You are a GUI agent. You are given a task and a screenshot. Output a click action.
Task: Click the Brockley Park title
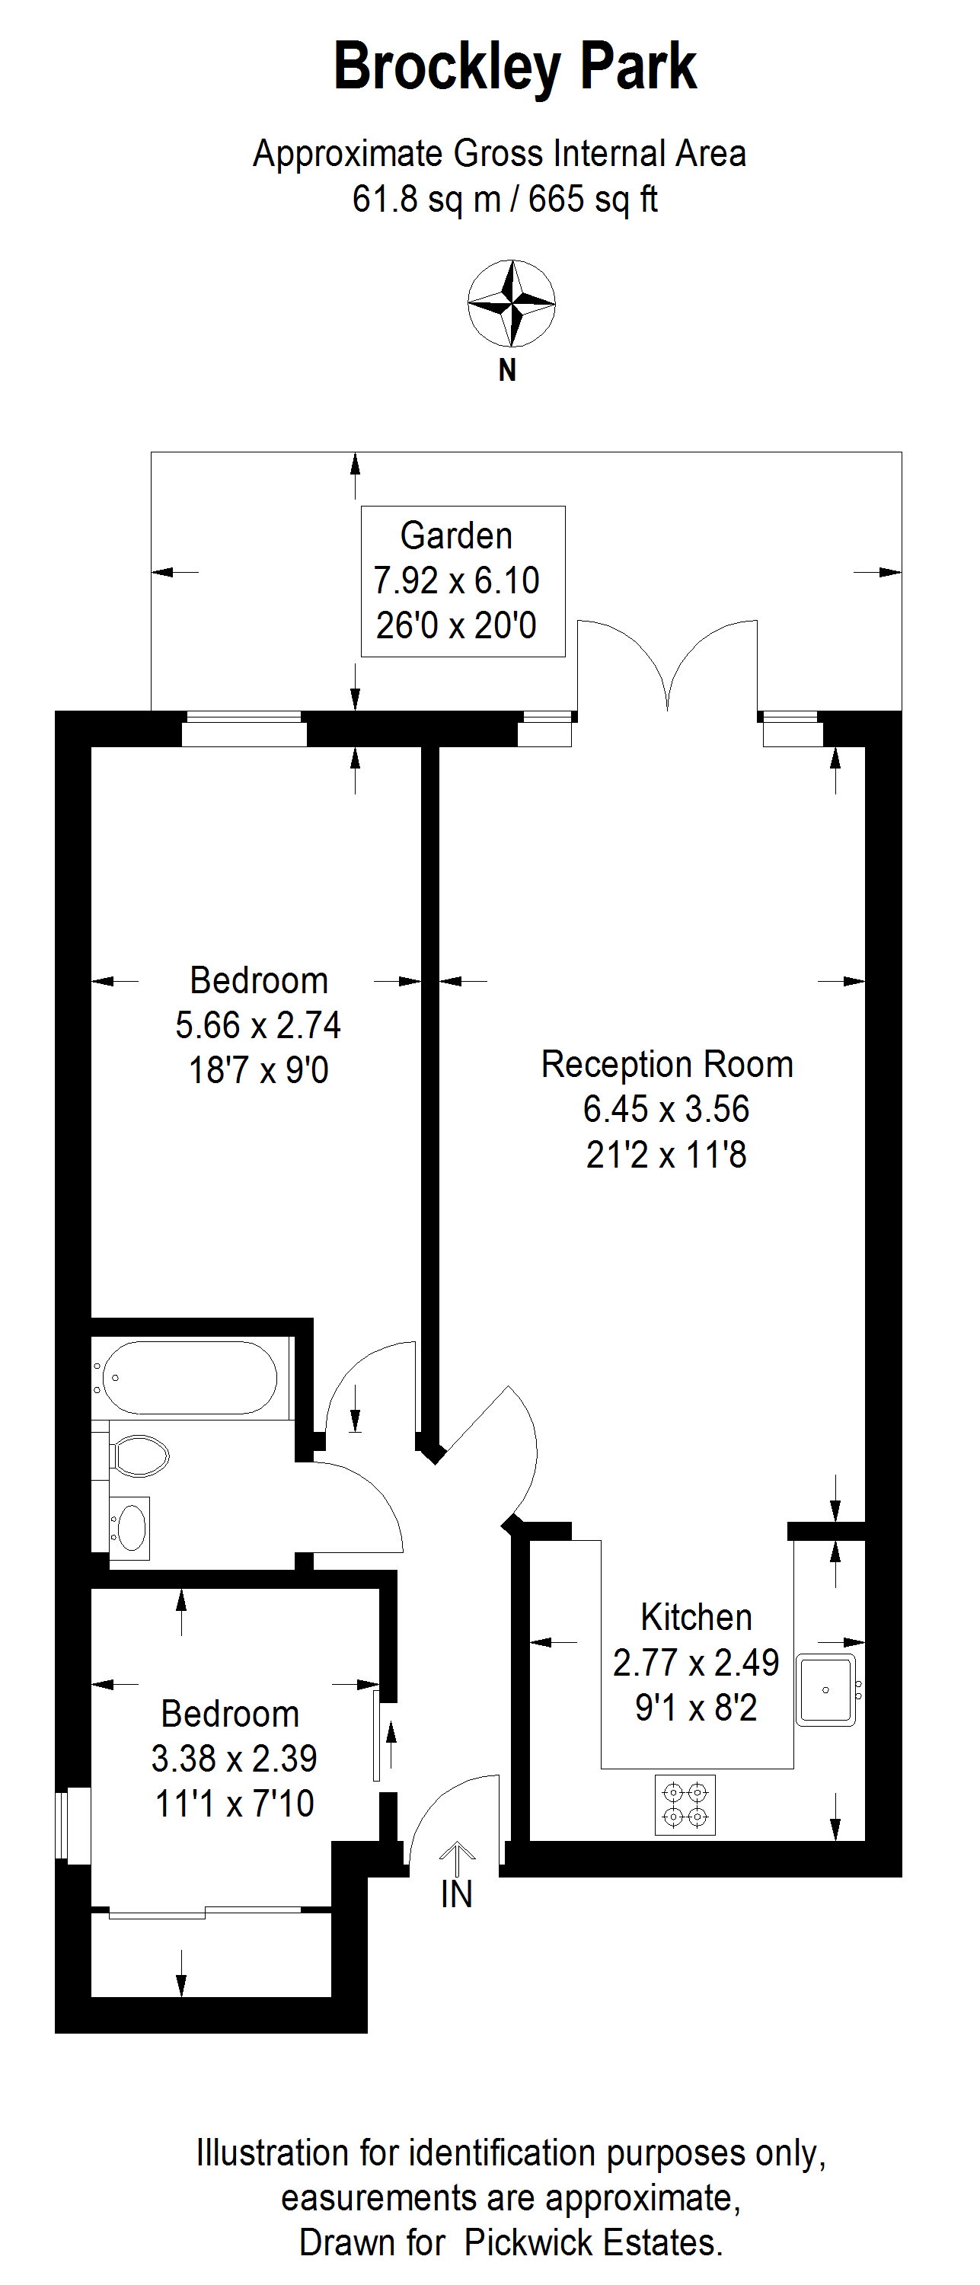click(515, 68)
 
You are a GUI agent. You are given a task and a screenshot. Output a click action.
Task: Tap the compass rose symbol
click(512, 303)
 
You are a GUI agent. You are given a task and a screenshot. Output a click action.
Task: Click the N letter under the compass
click(507, 370)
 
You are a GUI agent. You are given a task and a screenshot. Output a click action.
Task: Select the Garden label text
click(456, 535)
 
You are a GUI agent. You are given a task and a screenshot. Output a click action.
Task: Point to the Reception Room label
click(667, 1065)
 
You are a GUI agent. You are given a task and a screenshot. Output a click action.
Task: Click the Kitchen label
click(696, 1617)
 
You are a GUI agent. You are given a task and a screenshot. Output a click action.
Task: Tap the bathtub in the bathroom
click(190, 1378)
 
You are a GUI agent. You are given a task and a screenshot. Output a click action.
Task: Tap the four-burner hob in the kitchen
click(685, 1804)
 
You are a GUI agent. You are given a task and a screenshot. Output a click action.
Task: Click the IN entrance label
click(457, 1895)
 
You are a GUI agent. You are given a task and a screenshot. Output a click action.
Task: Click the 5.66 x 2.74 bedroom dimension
click(258, 1025)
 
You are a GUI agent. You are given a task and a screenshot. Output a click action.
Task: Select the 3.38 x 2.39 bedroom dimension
click(234, 1758)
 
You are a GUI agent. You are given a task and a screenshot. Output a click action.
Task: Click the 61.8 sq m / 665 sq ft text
click(505, 199)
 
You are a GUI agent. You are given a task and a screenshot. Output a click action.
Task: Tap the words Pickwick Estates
click(593, 2242)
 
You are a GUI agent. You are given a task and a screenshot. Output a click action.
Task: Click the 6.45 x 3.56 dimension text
click(666, 1109)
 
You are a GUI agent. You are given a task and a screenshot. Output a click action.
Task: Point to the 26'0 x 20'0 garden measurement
click(456, 625)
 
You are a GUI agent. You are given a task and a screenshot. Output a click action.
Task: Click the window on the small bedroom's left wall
click(74, 1825)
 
